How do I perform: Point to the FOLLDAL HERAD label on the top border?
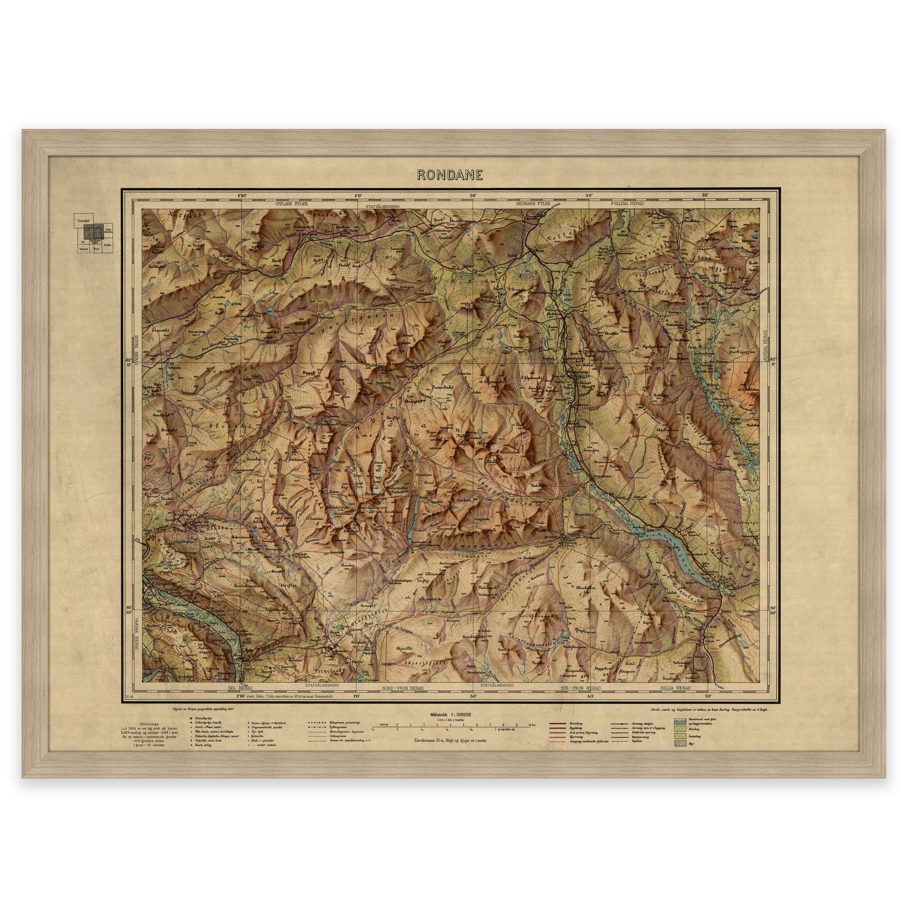pos(627,205)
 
